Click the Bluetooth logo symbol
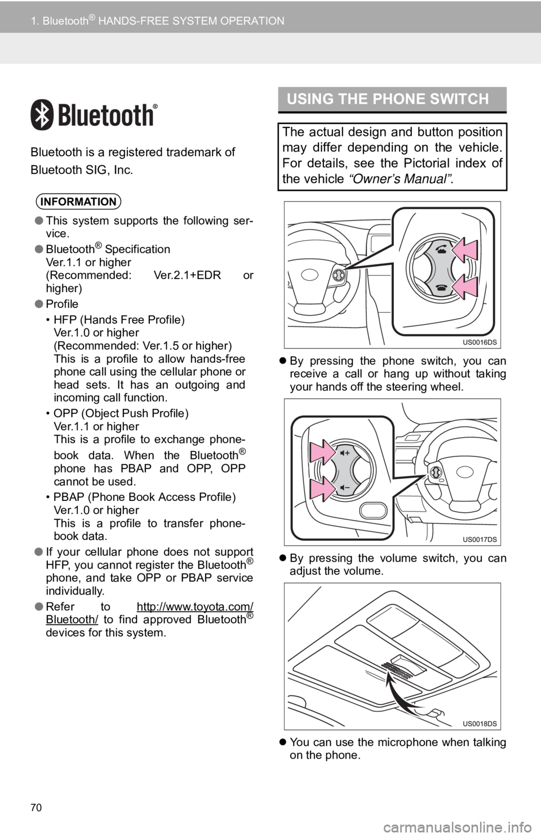coord(42,114)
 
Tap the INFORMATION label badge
coord(78,202)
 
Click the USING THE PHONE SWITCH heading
coord(388,99)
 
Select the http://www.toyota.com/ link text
coord(195,606)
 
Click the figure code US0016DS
coord(480,342)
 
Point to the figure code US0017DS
coord(480,539)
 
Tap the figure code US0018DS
coord(480,724)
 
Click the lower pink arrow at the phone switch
coord(464,287)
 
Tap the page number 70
coord(36,808)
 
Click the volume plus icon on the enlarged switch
coord(345,453)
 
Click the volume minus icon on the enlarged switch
coord(345,488)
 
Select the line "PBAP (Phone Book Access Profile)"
coord(144,497)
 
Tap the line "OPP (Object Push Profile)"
coord(121,413)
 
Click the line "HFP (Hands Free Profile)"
coord(119,319)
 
